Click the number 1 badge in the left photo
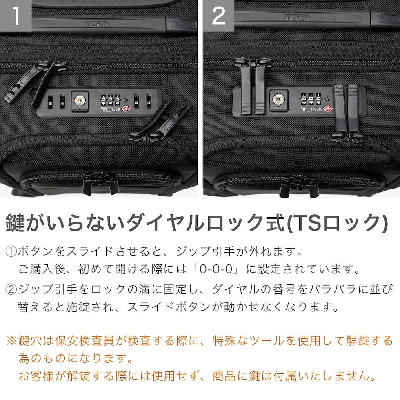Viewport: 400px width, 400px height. pyautogui.click(x=16, y=16)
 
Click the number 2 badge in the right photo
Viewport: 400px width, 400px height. pyautogui.click(x=219, y=16)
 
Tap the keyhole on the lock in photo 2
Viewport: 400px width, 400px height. pyautogui.click(x=278, y=99)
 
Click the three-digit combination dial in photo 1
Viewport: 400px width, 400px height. pyautogui.click(x=110, y=100)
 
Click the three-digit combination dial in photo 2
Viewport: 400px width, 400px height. pyautogui.click(x=311, y=99)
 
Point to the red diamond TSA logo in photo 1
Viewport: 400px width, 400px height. pyautogui.click(x=126, y=109)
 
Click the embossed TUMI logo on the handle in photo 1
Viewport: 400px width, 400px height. pyautogui.click(x=96, y=24)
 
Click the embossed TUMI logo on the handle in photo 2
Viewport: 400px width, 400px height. pyautogui.click(x=297, y=18)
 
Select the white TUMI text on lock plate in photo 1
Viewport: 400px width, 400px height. pyautogui.click(x=111, y=110)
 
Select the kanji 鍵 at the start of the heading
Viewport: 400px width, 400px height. pyautogui.click(x=16, y=223)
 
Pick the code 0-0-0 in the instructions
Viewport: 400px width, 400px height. pyautogui.click(x=216, y=269)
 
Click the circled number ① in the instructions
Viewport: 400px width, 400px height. pyautogui.click(x=11, y=251)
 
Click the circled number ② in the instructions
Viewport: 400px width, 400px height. pyautogui.click(x=11, y=289)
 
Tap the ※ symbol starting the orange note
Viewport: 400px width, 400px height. pyautogui.click(x=12, y=341)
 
